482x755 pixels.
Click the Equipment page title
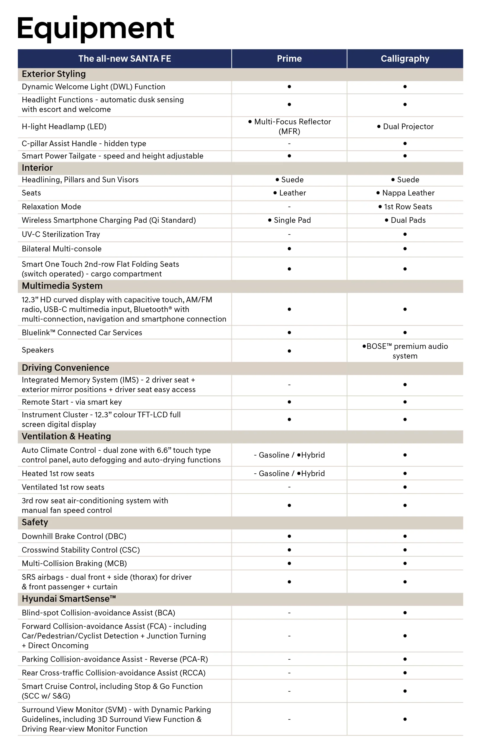[95, 28]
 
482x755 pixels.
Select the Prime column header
[289, 59]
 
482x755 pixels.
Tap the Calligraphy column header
[405, 59]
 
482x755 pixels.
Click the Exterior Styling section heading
[54, 74]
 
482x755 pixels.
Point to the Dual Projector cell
[405, 127]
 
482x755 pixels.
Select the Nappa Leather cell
[405, 193]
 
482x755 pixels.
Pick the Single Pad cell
[289, 220]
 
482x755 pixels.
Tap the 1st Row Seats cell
[405, 207]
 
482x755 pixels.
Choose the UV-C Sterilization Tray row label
[61, 234]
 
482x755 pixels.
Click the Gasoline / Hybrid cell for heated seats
[289, 473]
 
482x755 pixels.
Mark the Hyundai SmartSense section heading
[69, 599]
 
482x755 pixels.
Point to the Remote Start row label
[72, 402]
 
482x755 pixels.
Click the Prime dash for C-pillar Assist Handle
[289, 144]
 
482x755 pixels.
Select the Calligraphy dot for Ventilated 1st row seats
[405, 487]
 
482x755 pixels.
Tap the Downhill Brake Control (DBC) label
[74, 536]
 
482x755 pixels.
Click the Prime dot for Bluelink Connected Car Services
[289, 332]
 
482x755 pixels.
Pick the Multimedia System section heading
[62, 286]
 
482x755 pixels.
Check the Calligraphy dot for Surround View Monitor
[405, 719]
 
